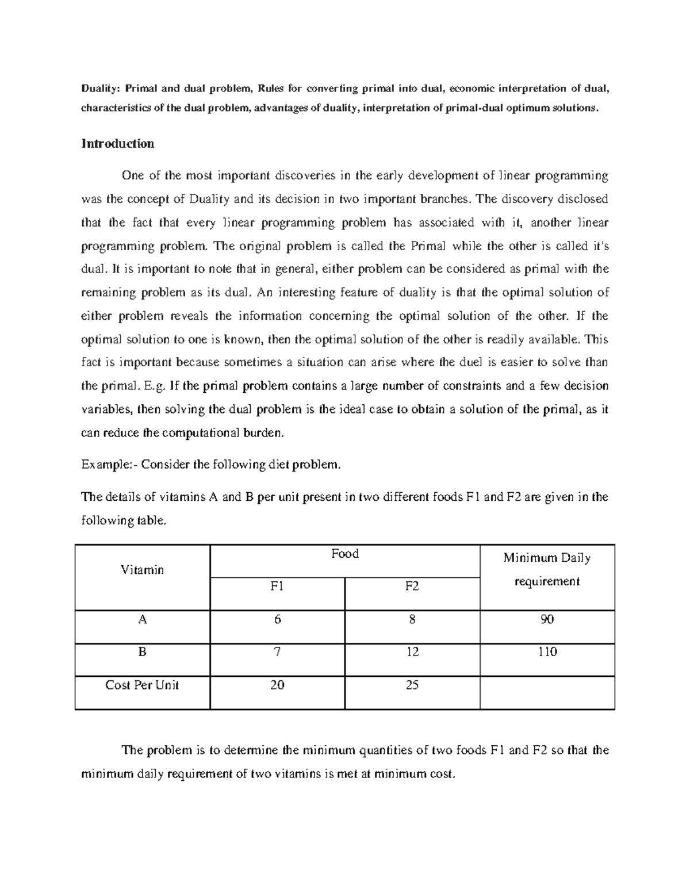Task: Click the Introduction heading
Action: (118, 144)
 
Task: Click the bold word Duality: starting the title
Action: (101, 89)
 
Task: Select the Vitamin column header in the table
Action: (142, 570)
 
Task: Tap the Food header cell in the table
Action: (345, 554)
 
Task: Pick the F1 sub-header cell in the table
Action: (277, 586)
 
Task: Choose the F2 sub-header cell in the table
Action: (412, 586)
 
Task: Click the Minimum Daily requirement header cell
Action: (547, 569)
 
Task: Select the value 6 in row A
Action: (277, 620)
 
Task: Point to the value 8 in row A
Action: (412, 620)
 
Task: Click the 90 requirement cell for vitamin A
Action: (547, 620)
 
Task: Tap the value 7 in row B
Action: (277, 652)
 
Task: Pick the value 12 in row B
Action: (412, 652)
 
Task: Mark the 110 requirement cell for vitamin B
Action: (547, 652)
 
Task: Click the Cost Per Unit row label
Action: (142, 685)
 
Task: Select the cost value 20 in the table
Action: (277, 685)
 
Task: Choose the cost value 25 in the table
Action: (412, 685)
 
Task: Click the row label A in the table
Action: (142, 620)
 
